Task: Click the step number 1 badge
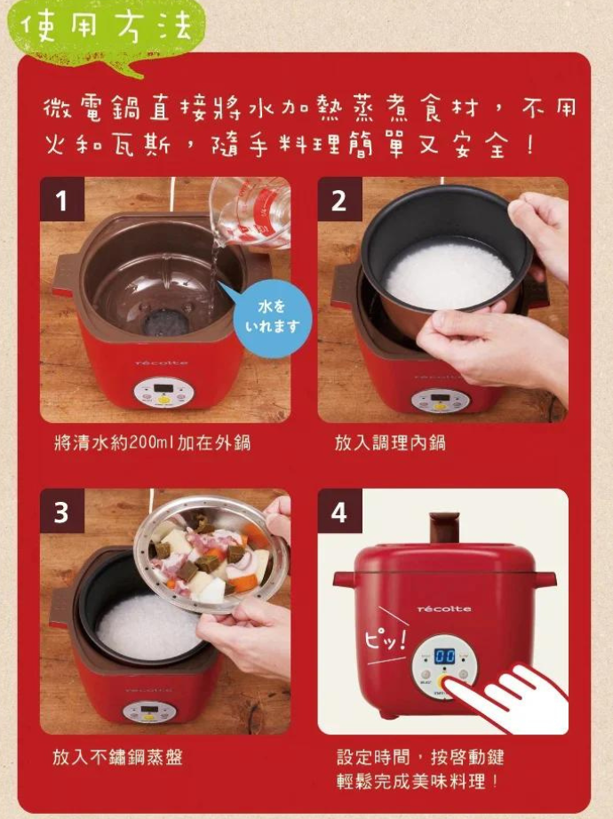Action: point(62,199)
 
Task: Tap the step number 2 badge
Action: point(339,199)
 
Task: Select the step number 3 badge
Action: point(62,511)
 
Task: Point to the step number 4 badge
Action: point(339,511)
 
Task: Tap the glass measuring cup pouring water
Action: point(251,209)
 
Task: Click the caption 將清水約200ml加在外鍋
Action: point(152,443)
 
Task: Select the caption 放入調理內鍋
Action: point(390,443)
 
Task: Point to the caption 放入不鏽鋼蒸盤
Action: point(117,757)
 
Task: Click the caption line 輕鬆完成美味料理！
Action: point(418,782)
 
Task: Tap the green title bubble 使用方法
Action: point(107,32)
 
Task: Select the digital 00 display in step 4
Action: point(444,656)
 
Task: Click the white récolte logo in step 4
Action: point(444,609)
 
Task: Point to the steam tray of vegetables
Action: point(211,554)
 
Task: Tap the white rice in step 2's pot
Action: point(449,273)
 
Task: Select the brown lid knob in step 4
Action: point(444,528)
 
